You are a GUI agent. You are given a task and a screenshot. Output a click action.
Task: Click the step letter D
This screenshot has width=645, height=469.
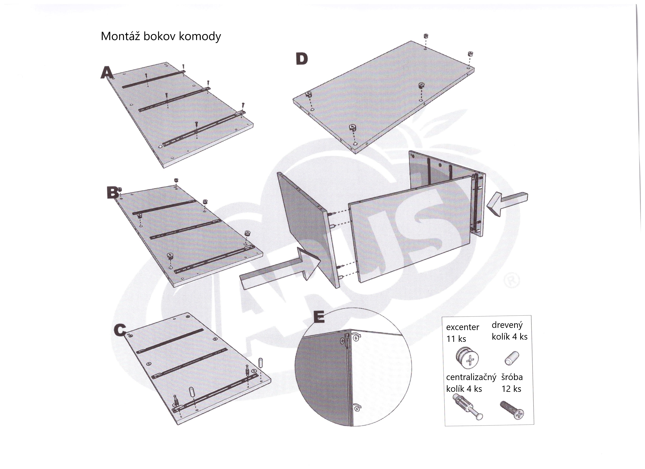pos(302,59)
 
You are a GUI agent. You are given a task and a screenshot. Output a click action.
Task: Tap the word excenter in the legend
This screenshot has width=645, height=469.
pos(462,327)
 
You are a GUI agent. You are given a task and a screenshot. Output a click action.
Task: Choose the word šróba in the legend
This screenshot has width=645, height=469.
pos(512,377)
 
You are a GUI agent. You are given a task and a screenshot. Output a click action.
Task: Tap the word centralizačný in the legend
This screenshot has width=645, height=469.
pos(471,377)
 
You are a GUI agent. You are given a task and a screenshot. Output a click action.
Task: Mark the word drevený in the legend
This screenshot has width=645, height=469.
pos(507,325)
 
